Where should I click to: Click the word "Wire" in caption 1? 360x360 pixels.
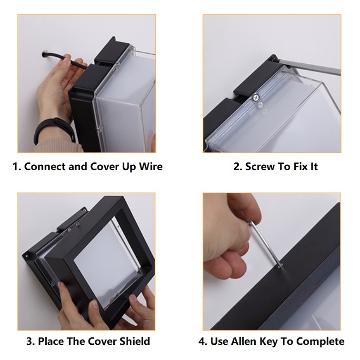pyautogui.click(x=151, y=167)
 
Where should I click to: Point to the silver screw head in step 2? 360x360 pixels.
pyautogui.click(x=255, y=98)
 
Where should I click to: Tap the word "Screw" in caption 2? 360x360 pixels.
pyautogui.click(x=260, y=167)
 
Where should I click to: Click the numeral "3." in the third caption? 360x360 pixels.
pyautogui.click(x=30, y=341)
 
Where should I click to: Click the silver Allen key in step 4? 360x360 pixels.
pyautogui.click(x=265, y=244)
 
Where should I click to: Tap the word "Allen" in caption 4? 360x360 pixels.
pyautogui.click(x=242, y=341)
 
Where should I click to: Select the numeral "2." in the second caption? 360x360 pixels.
pyautogui.click(x=238, y=167)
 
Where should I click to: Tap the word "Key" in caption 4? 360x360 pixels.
pyautogui.click(x=268, y=341)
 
